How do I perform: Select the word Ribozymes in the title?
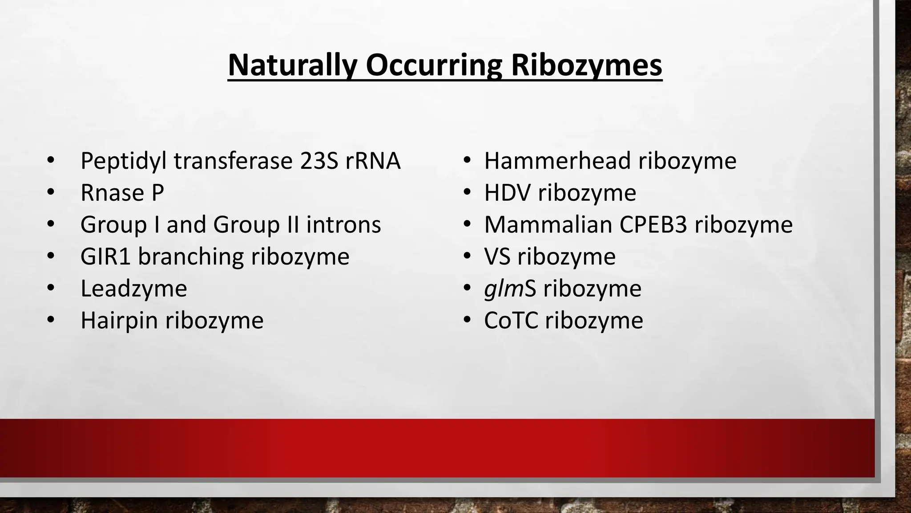click(586, 65)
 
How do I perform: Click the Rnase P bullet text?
click(122, 193)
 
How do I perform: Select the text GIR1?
click(105, 257)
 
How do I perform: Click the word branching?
click(191, 257)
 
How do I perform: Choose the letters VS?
click(497, 257)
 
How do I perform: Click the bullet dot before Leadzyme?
click(50, 289)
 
